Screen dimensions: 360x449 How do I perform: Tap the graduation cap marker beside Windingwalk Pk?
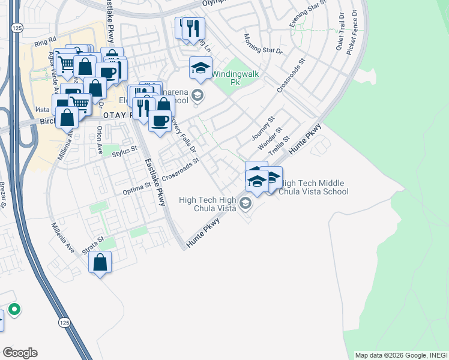pos(201,68)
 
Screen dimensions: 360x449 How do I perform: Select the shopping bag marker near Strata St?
pos(100,262)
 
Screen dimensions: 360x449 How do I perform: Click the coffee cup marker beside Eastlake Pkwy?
pos(160,121)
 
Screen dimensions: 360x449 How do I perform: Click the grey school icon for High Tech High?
pos(245,204)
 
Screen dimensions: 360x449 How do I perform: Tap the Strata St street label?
pos(94,245)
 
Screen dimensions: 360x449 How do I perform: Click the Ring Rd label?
pos(44,43)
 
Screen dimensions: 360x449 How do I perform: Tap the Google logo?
pos(20,353)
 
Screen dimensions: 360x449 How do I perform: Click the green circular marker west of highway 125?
pos(14,310)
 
